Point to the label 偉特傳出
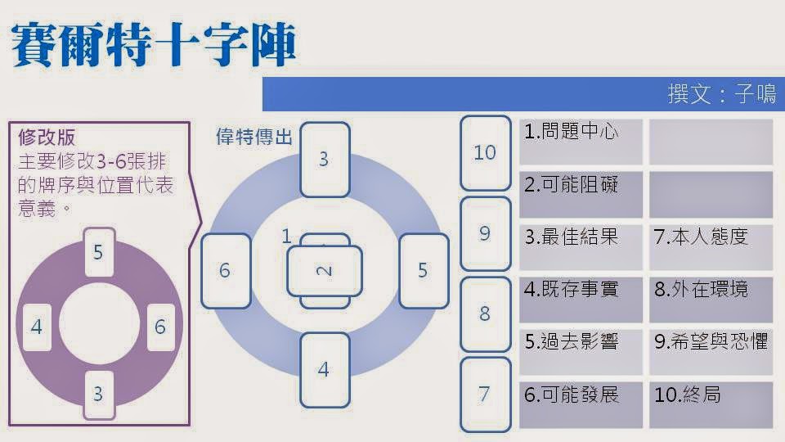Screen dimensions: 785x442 (x=253, y=137)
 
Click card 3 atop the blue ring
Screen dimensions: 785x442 (x=324, y=160)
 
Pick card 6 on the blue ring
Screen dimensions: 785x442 (x=225, y=271)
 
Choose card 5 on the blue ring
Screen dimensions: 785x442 (x=423, y=271)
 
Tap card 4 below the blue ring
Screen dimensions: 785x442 (x=324, y=370)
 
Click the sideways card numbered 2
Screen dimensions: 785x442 (x=325, y=271)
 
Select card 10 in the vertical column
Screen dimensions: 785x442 (x=485, y=153)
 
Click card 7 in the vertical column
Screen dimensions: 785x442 (x=485, y=395)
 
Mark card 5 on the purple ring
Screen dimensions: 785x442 (x=98, y=252)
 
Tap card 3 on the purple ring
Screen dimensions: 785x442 (x=98, y=395)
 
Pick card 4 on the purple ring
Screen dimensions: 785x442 (x=37, y=327)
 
